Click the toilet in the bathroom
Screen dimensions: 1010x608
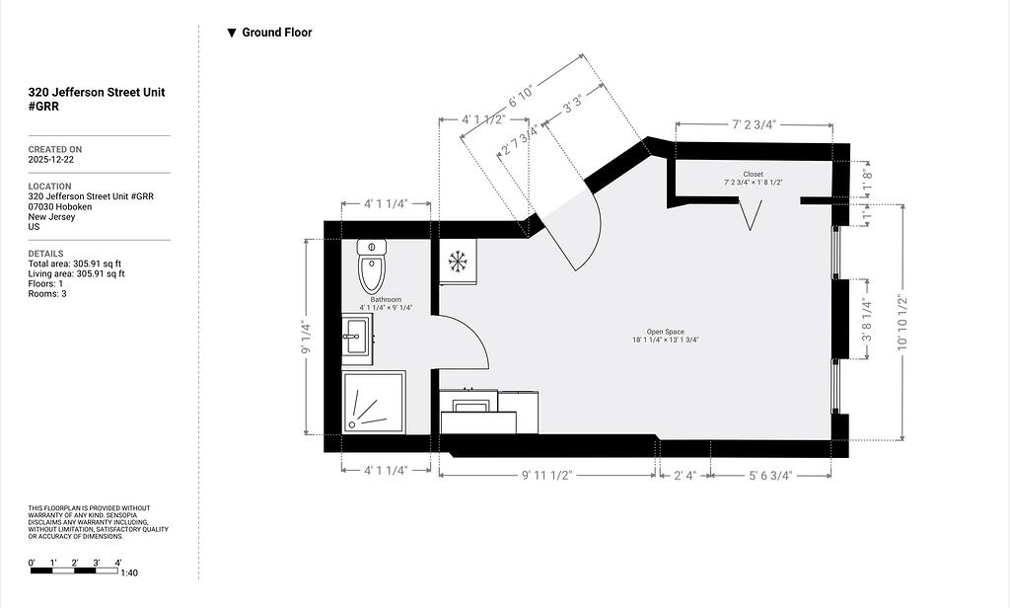(372, 266)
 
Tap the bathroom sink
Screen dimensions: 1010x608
(357, 337)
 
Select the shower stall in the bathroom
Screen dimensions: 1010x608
(374, 402)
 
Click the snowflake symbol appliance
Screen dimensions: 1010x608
(458, 262)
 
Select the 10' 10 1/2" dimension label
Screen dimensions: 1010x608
(902, 323)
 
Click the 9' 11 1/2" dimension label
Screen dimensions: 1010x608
(546, 475)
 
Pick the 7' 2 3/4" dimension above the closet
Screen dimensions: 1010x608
(754, 124)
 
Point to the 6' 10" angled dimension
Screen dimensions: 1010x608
(521, 96)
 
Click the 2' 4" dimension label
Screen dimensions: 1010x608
(685, 475)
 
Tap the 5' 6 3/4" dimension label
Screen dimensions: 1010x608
(770, 475)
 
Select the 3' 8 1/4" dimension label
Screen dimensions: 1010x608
(867, 320)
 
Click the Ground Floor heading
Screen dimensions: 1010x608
(277, 33)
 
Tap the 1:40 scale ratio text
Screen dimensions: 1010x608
(129, 572)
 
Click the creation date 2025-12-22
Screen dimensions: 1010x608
(51, 159)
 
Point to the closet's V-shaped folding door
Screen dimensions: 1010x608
(750, 215)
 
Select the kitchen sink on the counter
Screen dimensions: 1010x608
(471, 407)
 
